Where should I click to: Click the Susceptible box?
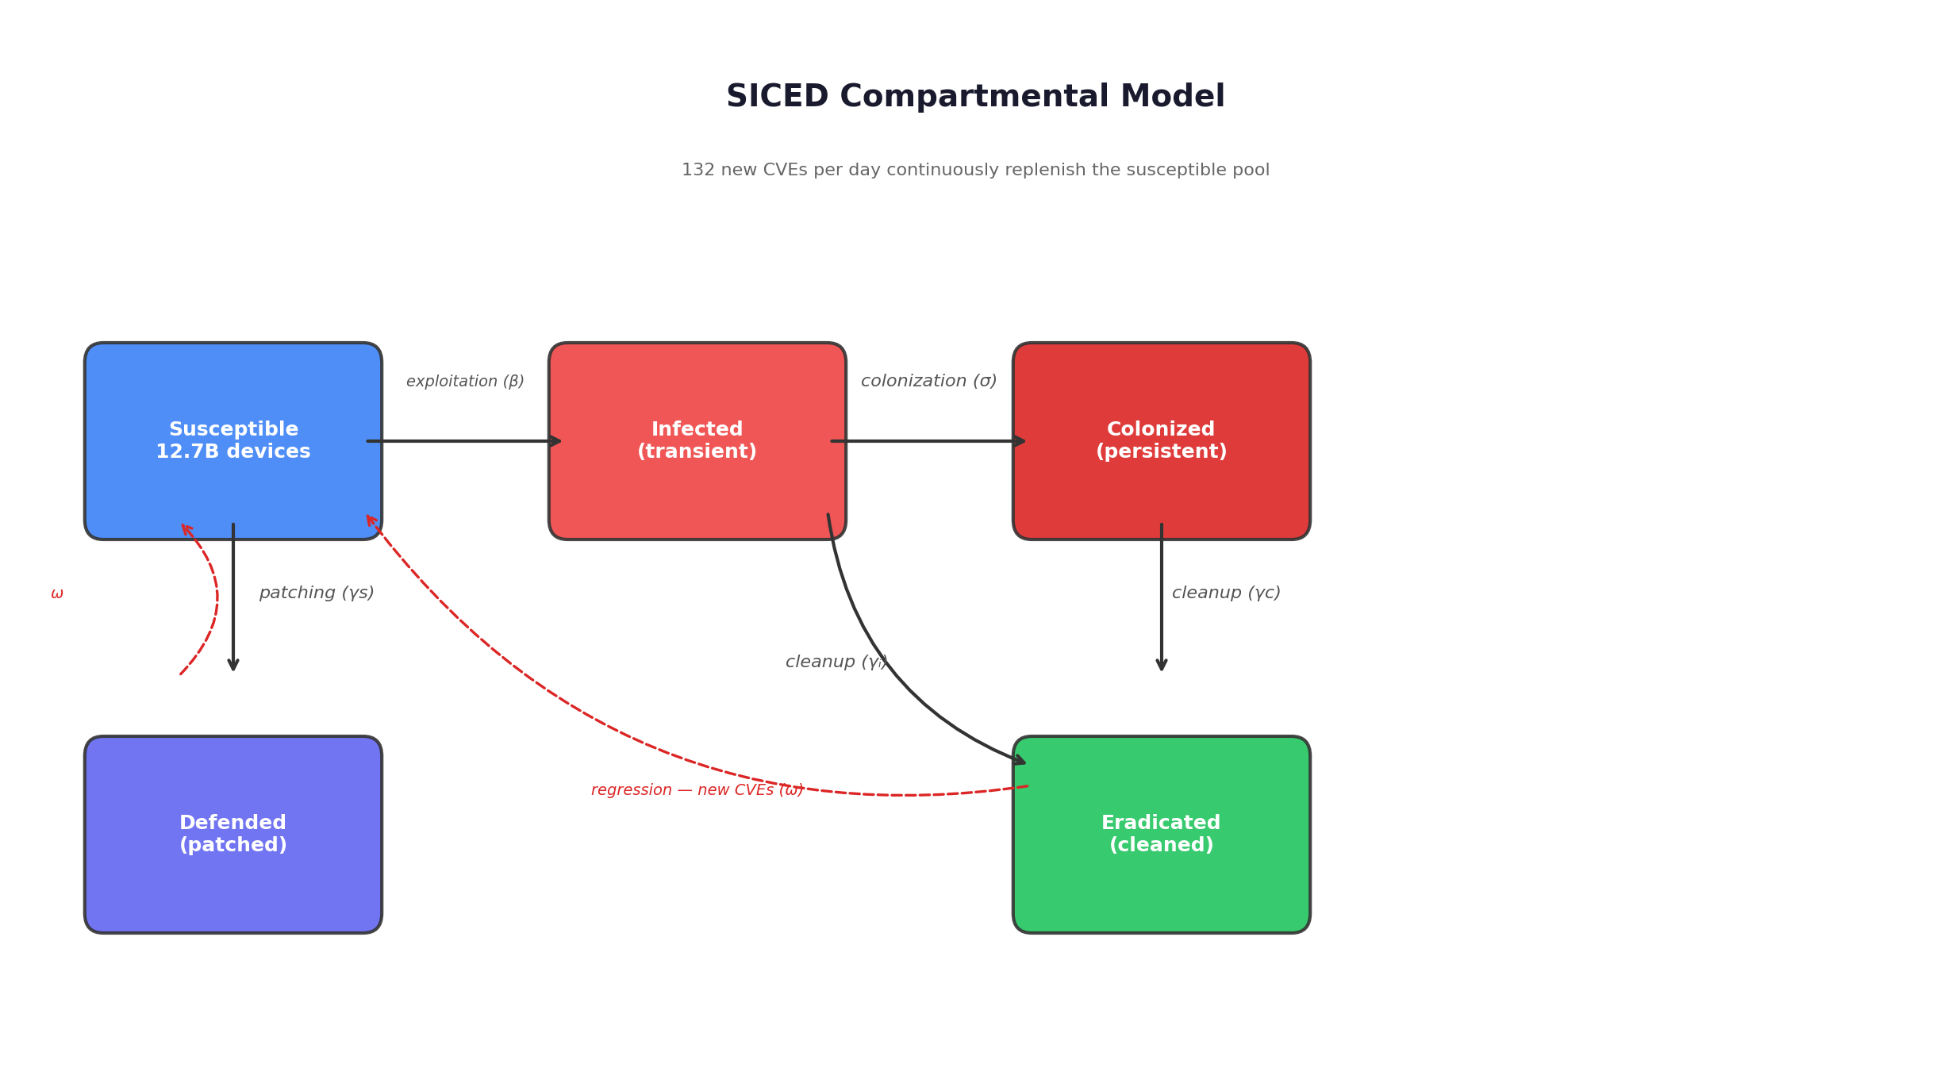pyautogui.click(x=233, y=441)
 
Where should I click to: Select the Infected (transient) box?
pyautogui.click(x=697, y=441)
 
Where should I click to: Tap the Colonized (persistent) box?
pyautogui.click(x=1161, y=441)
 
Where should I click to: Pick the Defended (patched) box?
pyautogui.click(x=233, y=834)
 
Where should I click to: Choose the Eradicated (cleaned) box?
pyautogui.click(x=1161, y=834)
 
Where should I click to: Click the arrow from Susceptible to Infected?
pyautogui.click(x=464, y=441)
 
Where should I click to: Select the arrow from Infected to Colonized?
pyautogui.click(x=928, y=441)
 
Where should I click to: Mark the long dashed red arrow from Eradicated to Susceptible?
pyautogui.click(x=555, y=698)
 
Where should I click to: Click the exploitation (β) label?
pyautogui.click(x=465, y=382)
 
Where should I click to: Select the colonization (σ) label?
pyautogui.click(x=928, y=381)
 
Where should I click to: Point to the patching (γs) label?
pyautogui.click(x=316, y=593)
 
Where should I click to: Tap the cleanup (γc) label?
pyautogui.click(x=1226, y=593)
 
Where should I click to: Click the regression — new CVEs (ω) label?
pyautogui.click(x=697, y=790)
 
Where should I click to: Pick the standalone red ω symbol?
pyautogui.click(x=57, y=593)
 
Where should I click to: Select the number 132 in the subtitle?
pyautogui.click(x=698, y=171)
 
